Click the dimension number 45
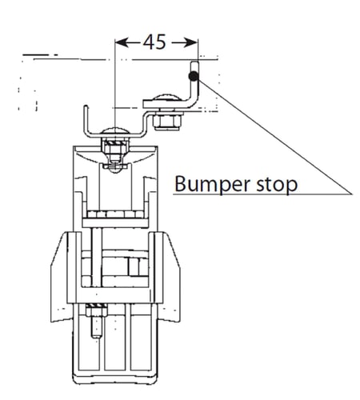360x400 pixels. click(154, 42)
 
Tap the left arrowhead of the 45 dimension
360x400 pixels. click(122, 42)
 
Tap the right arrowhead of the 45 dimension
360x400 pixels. click(191, 42)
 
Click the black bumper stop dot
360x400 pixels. click(194, 77)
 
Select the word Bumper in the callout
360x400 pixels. click(213, 185)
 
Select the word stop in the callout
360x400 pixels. click(277, 185)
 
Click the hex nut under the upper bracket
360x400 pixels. click(168, 122)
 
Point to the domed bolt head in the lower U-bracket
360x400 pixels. click(115, 130)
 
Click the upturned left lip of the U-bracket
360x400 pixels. click(86, 118)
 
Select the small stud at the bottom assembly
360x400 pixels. click(97, 327)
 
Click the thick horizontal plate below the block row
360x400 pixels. click(115, 223)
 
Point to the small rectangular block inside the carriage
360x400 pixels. click(134, 266)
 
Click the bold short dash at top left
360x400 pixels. click(36, 55)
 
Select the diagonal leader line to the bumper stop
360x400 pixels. click(274, 137)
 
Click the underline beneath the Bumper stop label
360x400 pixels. click(262, 194)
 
